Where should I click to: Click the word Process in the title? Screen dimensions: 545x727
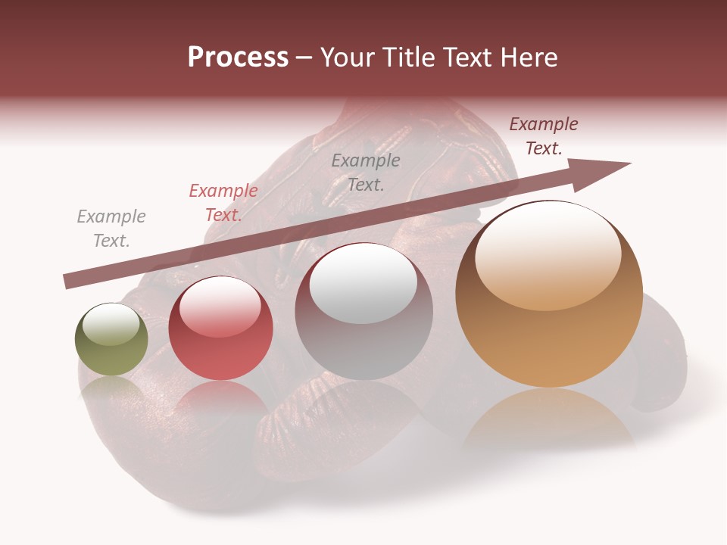pyautogui.click(x=238, y=58)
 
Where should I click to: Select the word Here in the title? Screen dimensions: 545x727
pyautogui.click(x=529, y=58)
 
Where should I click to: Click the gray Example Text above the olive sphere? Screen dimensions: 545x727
pyautogui.click(x=111, y=229)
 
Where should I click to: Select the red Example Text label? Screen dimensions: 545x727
pyautogui.click(x=223, y=203)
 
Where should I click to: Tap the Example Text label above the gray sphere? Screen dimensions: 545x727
pyautogui.click(x=366, y=172)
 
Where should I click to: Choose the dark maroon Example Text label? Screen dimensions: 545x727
pyautogui.click(x=544, y=136)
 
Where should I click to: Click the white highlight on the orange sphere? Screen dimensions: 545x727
pyautogui.click(x=549, y=257)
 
